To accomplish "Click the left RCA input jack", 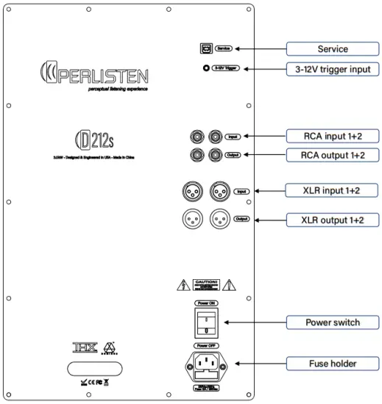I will tap(197, 137).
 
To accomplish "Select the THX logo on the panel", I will tap(84, 347).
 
